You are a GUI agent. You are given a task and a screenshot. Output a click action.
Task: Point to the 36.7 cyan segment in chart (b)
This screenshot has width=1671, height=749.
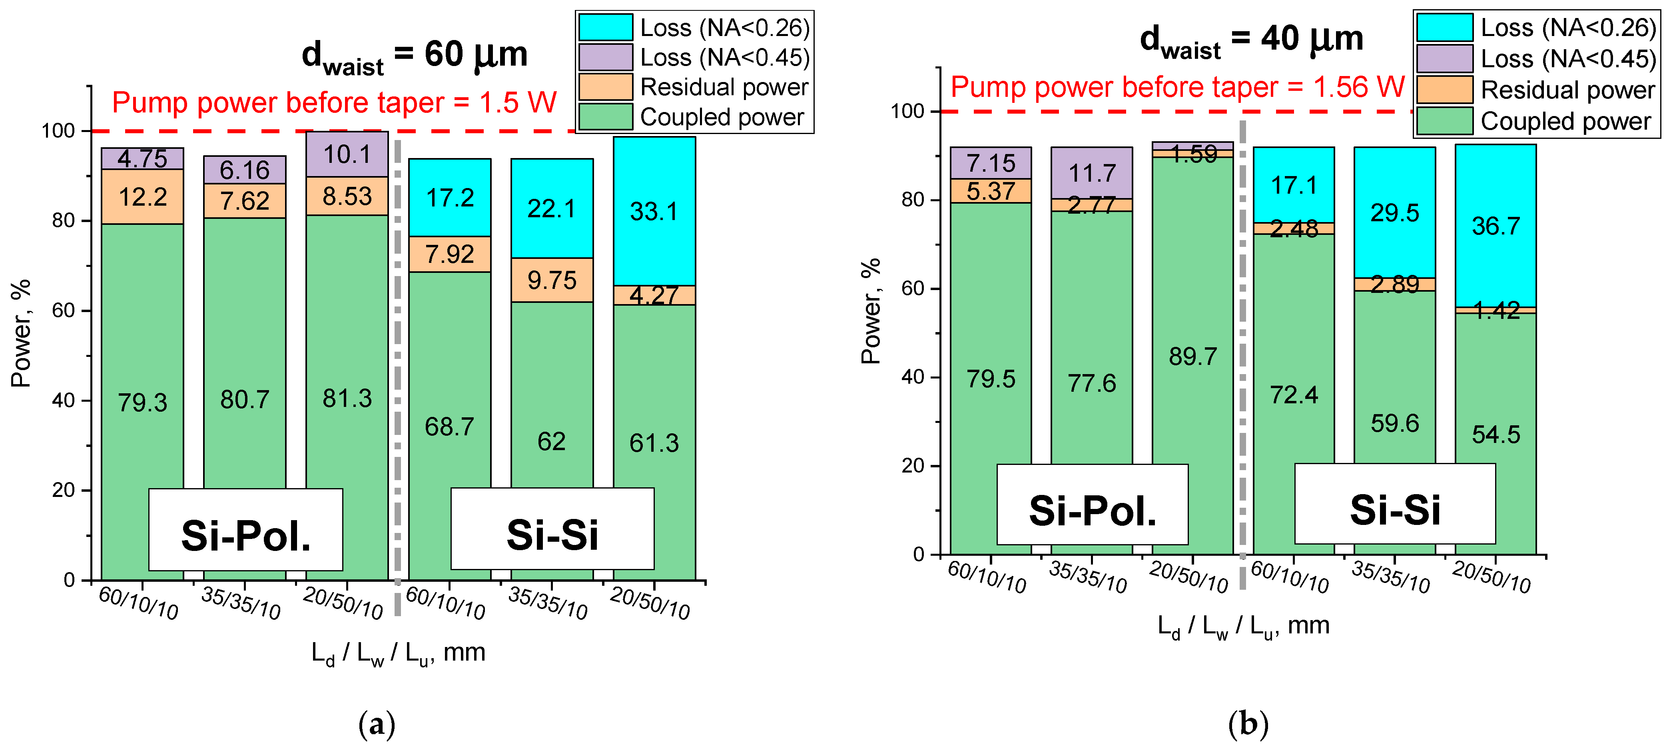point(1495,226)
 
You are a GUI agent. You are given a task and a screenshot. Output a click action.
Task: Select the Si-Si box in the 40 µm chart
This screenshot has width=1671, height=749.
point(1395,504)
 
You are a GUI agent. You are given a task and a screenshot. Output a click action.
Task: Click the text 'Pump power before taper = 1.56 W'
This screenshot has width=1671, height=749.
point(1177,87)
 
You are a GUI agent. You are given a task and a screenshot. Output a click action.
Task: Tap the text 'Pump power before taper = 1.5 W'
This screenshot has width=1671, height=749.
point(334,102)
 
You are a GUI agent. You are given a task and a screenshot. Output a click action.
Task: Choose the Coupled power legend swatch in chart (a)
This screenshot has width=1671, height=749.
point(605,117)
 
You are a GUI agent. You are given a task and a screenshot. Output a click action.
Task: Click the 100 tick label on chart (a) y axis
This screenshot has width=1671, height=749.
point(58,131)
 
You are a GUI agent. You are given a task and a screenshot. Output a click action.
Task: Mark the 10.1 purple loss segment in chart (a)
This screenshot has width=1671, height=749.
point(347,154)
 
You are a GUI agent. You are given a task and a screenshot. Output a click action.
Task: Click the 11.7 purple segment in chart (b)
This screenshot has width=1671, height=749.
point(1092,173)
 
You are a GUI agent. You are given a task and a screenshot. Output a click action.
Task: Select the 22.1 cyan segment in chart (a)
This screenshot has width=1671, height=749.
point(551,208)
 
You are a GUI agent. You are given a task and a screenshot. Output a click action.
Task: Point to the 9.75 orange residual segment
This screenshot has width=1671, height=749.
point(551,280)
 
